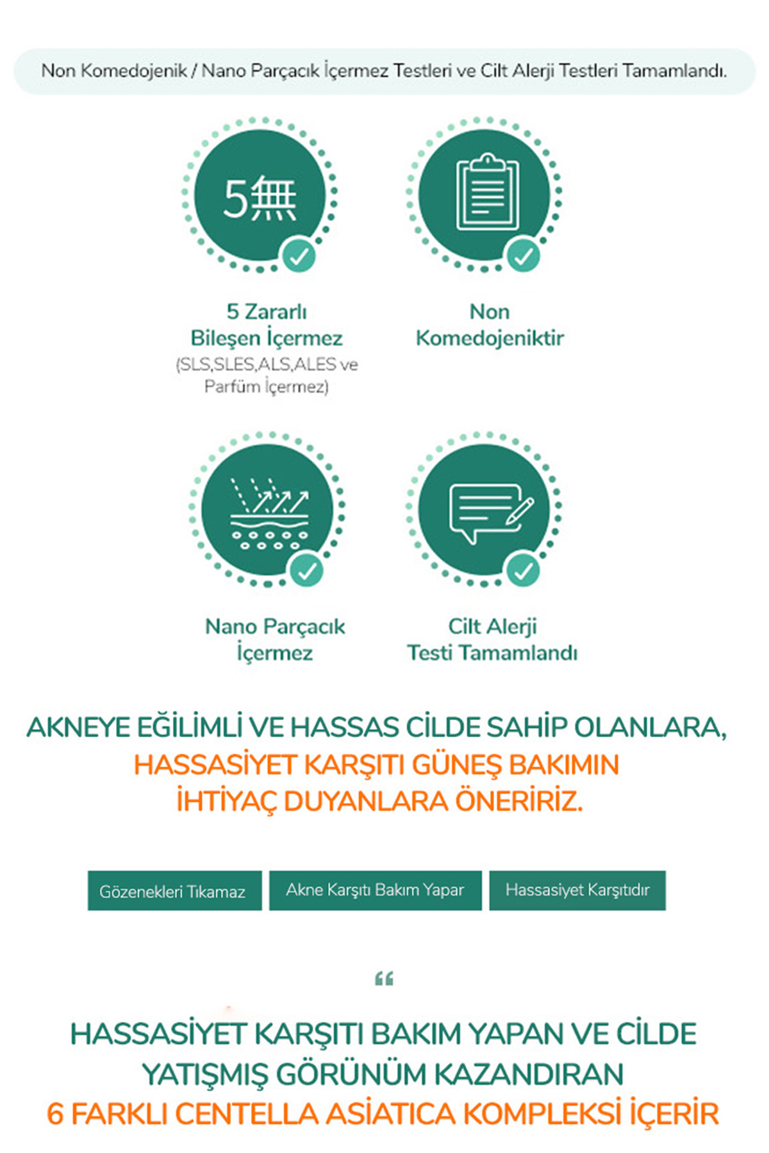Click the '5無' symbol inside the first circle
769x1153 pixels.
[x=260, y=197]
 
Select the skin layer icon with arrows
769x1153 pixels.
[x=269, y=512]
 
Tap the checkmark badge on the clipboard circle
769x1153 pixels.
[x=524, y=256]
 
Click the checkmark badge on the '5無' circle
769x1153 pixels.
[x=299, y=256]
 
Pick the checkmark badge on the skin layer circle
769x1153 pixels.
[x=306, y=570]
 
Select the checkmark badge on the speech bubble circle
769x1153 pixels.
[x=524, y=570]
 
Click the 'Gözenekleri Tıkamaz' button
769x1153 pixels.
[x=174, y=890]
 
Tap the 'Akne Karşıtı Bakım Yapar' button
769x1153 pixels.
[x=375, y=890]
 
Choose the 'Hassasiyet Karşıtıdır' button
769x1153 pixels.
[x=577, y=890]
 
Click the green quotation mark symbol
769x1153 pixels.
[x=384, y=978]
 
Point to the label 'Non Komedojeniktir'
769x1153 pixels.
[x=490, y=325]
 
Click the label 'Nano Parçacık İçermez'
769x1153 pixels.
[x=275, y=639]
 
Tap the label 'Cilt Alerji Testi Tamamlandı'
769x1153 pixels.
[x=492, y=639]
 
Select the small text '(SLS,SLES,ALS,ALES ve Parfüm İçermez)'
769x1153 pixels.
[x=267, y=375]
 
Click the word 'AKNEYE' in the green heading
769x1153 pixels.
[x=70, y=728]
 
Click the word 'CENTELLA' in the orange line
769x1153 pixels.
[x=247, y=1114]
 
